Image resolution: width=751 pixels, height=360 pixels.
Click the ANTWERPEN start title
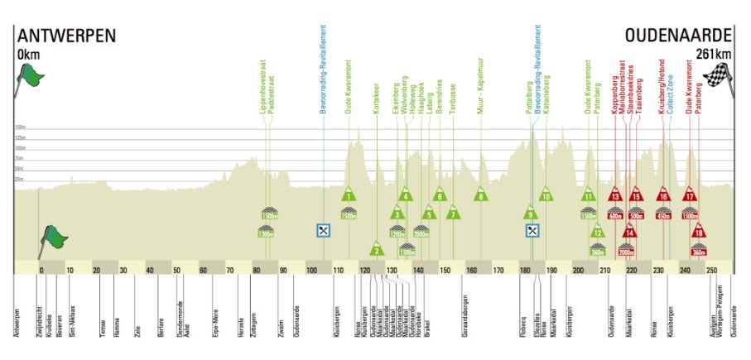(65, 36)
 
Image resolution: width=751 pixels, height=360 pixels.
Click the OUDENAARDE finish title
(679, 36)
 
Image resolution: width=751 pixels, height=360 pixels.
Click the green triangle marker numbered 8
(480, 195)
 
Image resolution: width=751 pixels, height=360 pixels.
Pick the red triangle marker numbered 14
(630, 231)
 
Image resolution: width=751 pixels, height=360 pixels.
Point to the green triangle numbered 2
(376, 248)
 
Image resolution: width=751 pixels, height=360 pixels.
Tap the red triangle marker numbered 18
(698, 231)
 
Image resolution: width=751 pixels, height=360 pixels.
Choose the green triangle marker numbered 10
(545, 195)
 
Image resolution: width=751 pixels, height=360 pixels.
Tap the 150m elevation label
(19, 127)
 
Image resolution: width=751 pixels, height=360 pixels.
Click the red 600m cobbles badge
(614, 215)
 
